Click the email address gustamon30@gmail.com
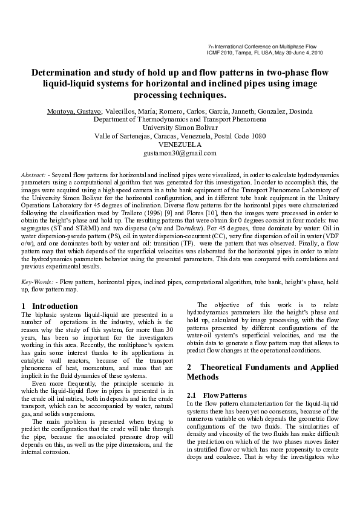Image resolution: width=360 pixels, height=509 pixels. pyautogui.click(x=180, y=154)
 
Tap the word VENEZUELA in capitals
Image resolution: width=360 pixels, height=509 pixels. pyautogui.click(x=180, y=145)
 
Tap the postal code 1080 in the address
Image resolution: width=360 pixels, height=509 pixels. pyautogui.click(x=258, y=137)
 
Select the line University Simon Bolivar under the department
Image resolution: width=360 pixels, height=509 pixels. pyautogui.click(x=180, y=128)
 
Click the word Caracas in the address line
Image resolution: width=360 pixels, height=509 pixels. pyautogui.click(x=176, y=137)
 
